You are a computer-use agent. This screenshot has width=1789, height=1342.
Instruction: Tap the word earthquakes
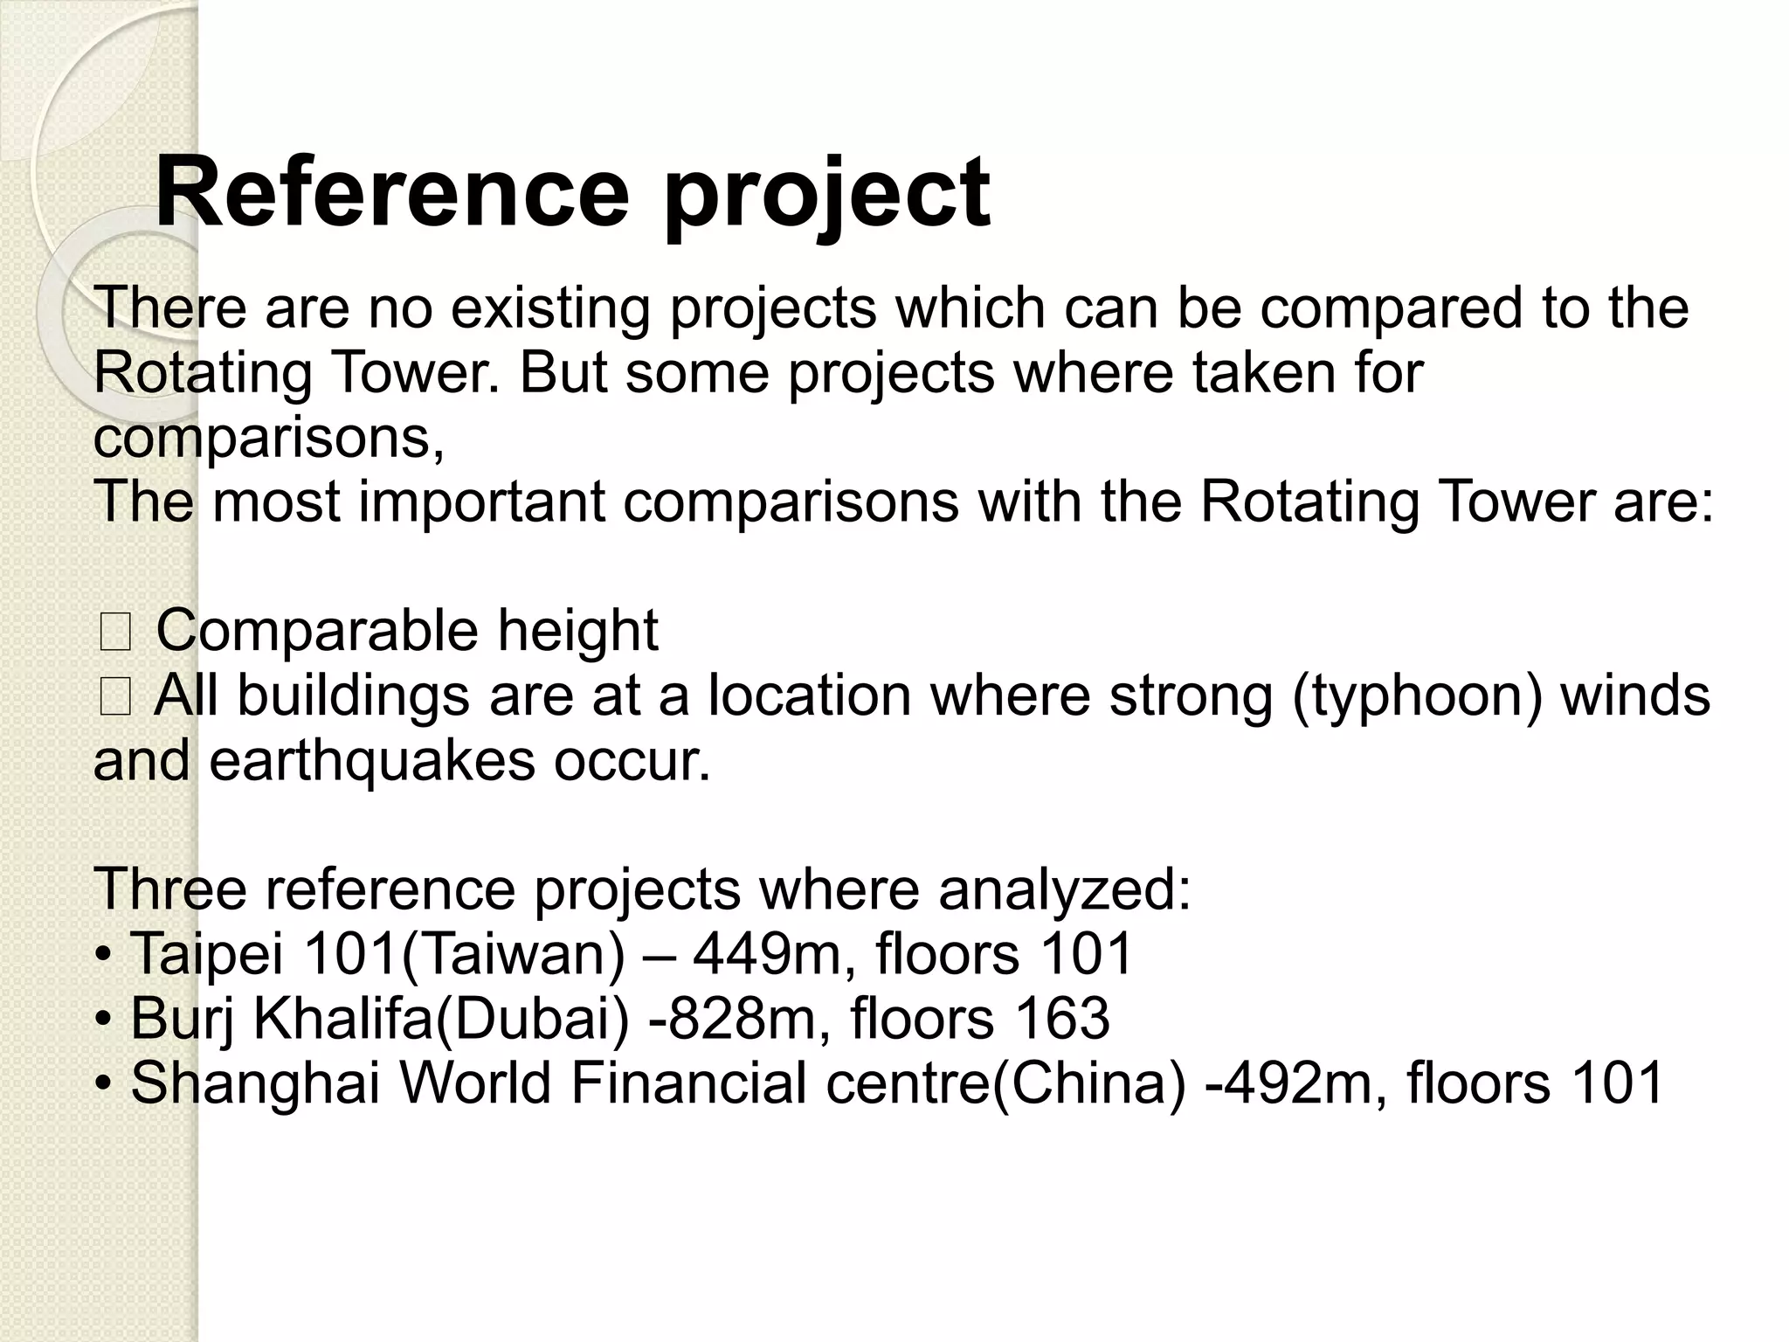(372, 761)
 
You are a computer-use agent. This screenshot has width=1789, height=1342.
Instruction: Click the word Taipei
(207, 954)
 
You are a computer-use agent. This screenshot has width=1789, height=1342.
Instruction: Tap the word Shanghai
(255, 1084)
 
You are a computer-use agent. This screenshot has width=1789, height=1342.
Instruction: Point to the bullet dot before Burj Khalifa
(104, 1020)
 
